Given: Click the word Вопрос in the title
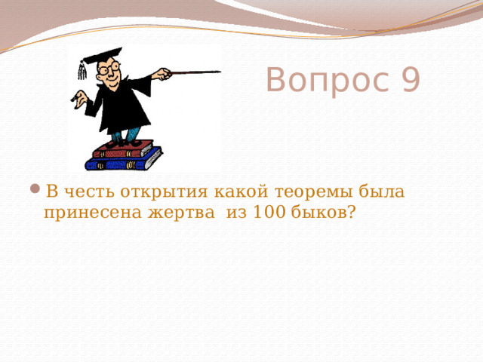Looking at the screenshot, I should point(324,80).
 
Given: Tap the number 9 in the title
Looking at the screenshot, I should point(408,80).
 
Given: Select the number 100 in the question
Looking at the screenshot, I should point(269,213).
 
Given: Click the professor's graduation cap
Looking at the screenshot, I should point(102,56).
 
